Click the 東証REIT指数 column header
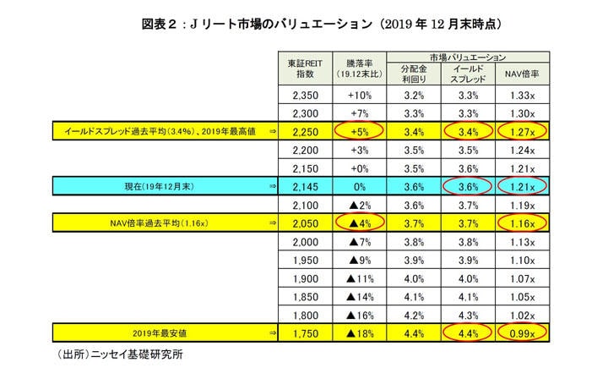(305, 69)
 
